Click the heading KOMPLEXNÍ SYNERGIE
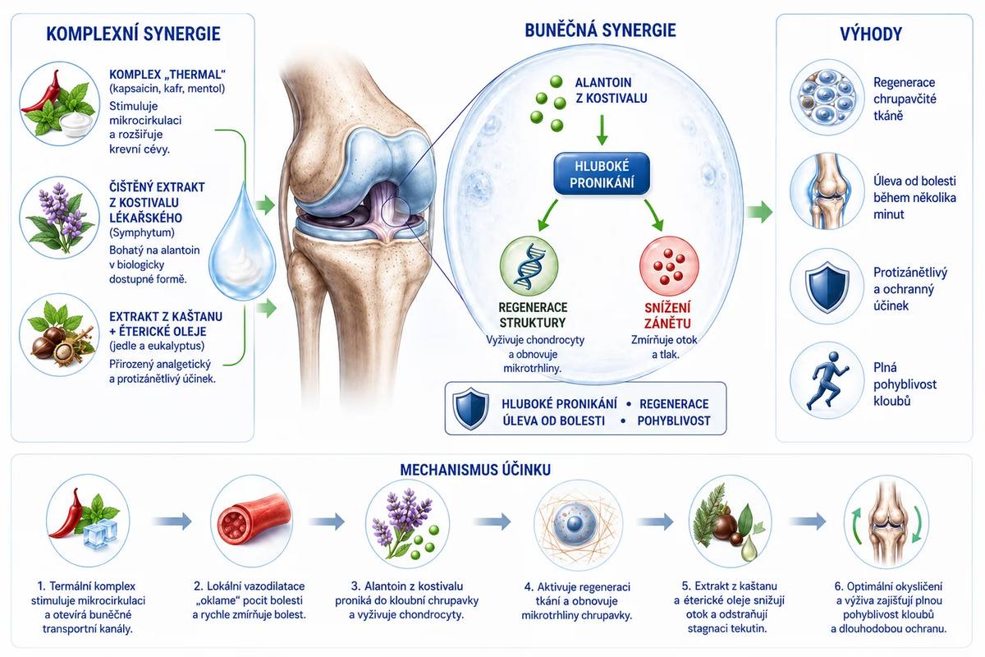click(133, 34)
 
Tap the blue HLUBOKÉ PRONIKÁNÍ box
click(602, 174)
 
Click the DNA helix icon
click(529, 266)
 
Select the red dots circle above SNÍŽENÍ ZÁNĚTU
click(669, 266)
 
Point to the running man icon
click(827, 379)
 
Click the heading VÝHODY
click(871, 34)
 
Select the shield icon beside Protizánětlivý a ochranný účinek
click(827, 287)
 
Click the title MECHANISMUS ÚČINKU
click(475, 470)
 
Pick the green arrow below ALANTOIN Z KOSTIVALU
click(602, 131)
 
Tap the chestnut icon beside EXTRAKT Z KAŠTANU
click(59, 335)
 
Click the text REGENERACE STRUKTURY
click(533, 315)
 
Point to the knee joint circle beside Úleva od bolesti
click(827, 191)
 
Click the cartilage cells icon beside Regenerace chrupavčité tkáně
click(827, 97)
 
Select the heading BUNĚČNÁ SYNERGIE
click(600, 30)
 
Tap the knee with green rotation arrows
click(886, 521)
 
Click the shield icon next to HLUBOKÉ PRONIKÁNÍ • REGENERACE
click(470, 408)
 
